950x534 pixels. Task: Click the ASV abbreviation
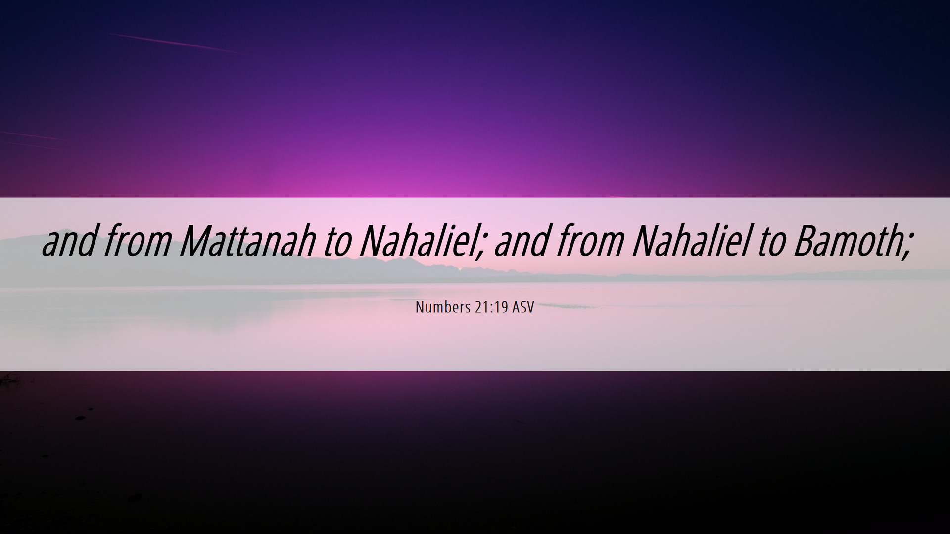pyautogui.click(x=523, y=307)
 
